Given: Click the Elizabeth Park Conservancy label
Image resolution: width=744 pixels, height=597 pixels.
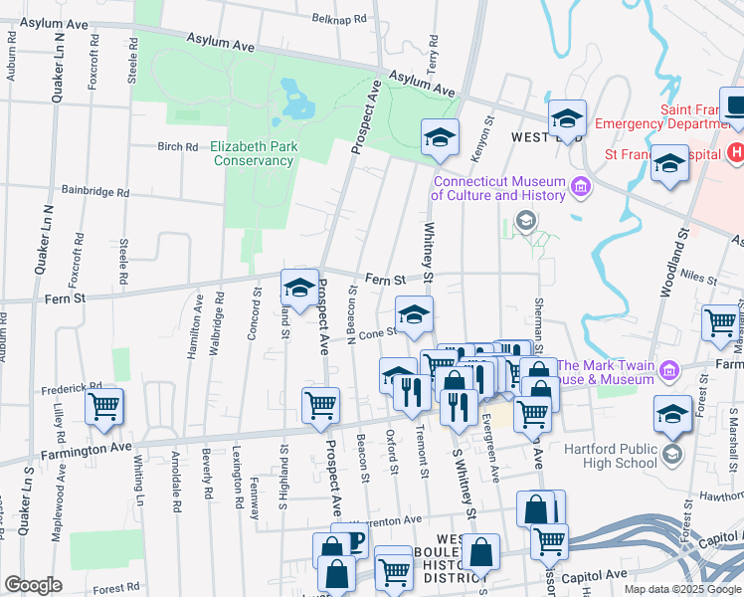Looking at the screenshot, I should pyautogui.click(x=255, y=153).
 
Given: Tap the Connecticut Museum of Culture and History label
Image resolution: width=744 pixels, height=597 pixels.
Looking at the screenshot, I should pyautogui.click(x=497, y=188).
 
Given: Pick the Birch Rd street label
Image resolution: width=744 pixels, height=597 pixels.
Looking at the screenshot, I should pyautogui.click(x=178, y=146).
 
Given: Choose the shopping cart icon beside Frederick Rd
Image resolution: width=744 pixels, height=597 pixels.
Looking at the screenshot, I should pyautogui.click(x=103, y=407).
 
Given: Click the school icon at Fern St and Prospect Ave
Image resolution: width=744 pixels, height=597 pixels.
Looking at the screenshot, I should pyautogui.click(x=299, y=289).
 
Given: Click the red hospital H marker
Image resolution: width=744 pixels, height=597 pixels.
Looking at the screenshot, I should pyautogui.click(x=736, y=152).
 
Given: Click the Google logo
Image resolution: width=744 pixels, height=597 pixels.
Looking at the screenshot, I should pyautogui.click(x=33, y=585).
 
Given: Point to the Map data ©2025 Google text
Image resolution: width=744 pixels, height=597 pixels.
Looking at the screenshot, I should pyautogui.click(x=682, y=589).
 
